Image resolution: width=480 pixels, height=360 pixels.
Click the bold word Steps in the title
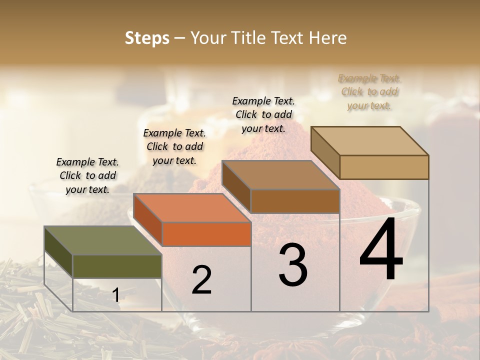coord(147,38)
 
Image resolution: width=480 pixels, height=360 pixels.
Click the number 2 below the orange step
coord(201,280)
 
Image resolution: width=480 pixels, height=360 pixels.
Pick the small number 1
coord(116,295)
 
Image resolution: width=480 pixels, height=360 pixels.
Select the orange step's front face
coord(206,234)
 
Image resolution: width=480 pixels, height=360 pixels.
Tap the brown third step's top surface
coord(280,175)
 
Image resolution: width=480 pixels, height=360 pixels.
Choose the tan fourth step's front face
coord(384,167)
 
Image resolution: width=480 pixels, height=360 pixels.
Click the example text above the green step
coord(87,175)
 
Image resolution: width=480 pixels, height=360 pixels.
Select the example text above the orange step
coord(174,146)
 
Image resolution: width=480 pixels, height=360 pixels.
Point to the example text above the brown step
coord(263,114)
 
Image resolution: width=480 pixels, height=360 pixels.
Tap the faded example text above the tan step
coord(369,91)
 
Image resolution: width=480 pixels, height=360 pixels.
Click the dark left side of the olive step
coord(58,252)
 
